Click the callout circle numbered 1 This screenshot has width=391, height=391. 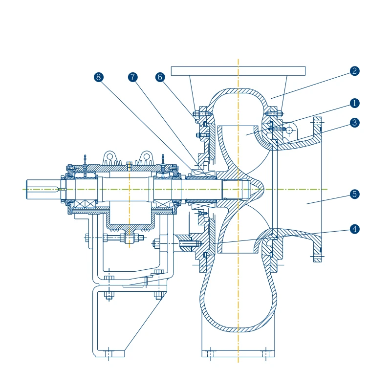[x=355, y=103]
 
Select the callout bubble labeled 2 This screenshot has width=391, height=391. [x=355, y=71]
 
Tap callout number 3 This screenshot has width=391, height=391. [x=355, y=123]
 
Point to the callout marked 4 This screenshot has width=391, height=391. [x=355, y=229]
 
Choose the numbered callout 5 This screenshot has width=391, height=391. [x=355, y=194]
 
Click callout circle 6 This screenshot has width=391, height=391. [x=160, y=77]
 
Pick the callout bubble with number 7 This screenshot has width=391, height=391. [x=133, y=77]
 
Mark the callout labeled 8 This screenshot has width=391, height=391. [x=99, y=77]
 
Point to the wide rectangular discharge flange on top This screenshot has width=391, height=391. [x=238, y=71]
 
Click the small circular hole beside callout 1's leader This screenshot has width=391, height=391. [x=290, y=130]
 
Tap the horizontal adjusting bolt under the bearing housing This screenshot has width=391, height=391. [x=115, y=239]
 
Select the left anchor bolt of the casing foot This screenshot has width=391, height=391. [x=211, y=353]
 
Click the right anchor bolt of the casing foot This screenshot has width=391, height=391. [x=266, y=353]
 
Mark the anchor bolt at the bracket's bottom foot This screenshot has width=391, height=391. [x=109, y=353]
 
